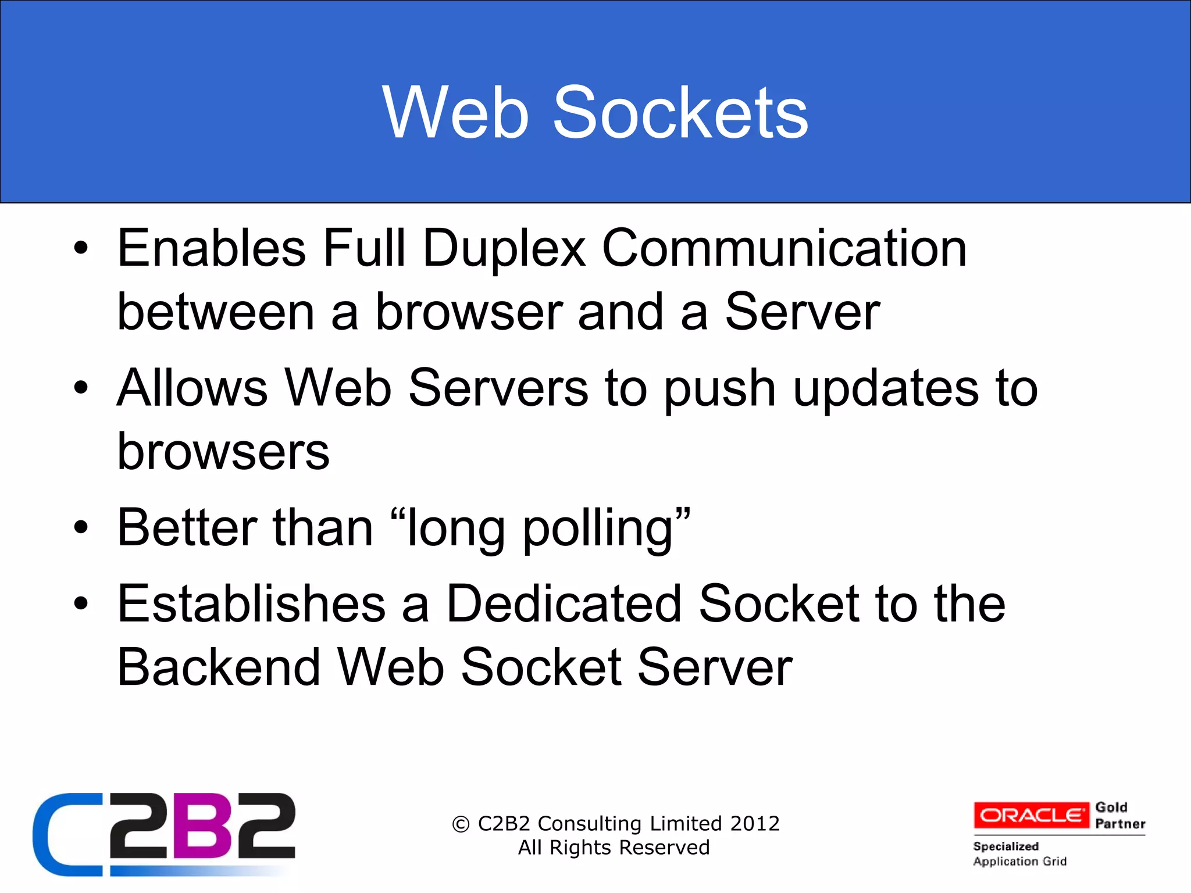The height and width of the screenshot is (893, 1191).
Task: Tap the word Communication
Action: [x=785, y=249]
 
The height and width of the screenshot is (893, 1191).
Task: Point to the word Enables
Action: [x=212, y=249]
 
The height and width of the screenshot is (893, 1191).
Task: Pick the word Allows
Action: [x=192, y=388]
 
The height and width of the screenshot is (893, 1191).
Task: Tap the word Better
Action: [x=187, y=528]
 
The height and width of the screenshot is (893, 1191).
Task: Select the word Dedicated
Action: [x=564, y=604]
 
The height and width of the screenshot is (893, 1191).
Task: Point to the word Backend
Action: [x=219, y=667]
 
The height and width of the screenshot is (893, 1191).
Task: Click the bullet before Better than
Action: [x=81, y=528]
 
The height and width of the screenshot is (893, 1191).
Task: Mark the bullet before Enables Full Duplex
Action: [x=81, y=249]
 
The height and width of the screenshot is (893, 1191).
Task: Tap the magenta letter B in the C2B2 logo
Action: [x=200, y=827]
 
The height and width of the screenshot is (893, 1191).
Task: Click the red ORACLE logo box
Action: [x=1031, y=815]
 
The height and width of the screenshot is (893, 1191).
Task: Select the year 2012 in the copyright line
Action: [x=755, y=824]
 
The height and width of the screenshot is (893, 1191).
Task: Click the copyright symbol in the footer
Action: [x=461, y=824]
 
